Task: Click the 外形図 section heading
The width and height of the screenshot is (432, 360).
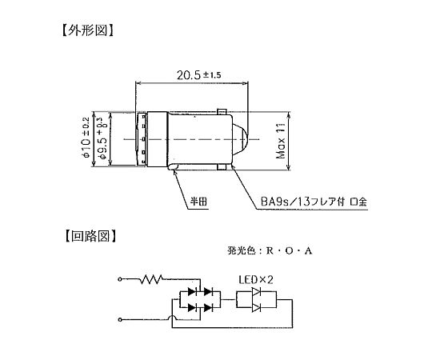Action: (87, 30)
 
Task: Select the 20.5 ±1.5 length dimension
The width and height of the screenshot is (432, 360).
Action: (198, 75)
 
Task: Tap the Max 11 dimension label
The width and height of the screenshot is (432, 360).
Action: (281, 140)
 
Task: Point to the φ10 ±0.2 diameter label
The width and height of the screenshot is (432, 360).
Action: (86, 137)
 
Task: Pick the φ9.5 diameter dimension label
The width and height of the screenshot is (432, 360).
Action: (102, 138)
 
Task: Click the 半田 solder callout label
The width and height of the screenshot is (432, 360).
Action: (198, 202)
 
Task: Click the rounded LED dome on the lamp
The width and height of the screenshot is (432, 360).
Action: (240, 139)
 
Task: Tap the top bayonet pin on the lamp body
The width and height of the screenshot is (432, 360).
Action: (222, 112)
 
